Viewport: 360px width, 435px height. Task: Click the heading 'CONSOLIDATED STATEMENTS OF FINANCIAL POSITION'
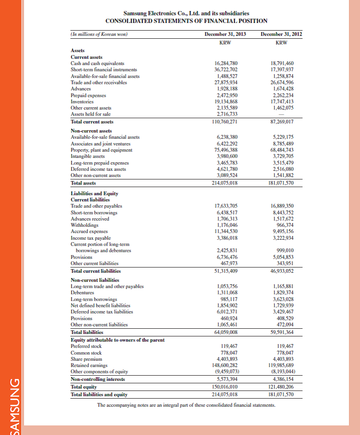(x=186, y=21)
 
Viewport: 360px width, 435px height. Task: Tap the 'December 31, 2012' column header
(x=282, y=34)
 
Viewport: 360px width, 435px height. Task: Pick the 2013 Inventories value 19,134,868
(x=226, y=101)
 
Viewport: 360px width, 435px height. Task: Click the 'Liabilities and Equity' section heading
(x=94, y=193)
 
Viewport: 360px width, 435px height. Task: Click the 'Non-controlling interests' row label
(x=98, y=379)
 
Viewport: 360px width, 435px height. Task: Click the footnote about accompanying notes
(x=186, y=405)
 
